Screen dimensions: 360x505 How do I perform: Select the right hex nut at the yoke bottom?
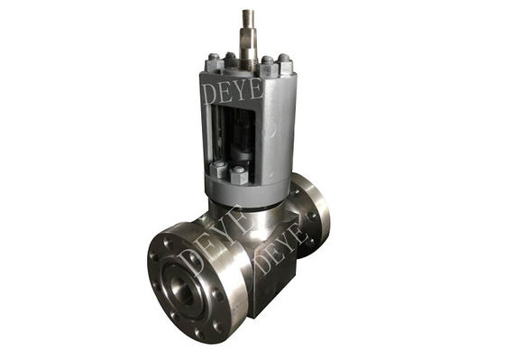point(240,175)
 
